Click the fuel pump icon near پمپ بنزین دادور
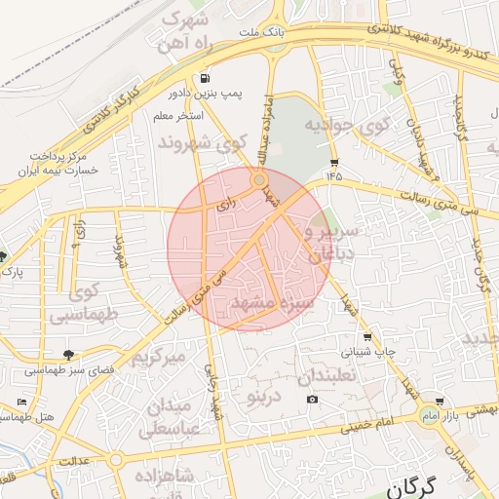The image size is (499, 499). [204, 79]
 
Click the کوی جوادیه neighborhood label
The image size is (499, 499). [347, 125]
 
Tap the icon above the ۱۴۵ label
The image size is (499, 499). [335, 162]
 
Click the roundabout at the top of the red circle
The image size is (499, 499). [259, 180]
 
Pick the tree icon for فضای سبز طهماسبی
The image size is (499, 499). [67, 355]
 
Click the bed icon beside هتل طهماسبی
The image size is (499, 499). [22, 402]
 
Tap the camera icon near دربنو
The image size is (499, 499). [312, 399]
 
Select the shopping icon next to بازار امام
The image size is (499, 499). [440, 401]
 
